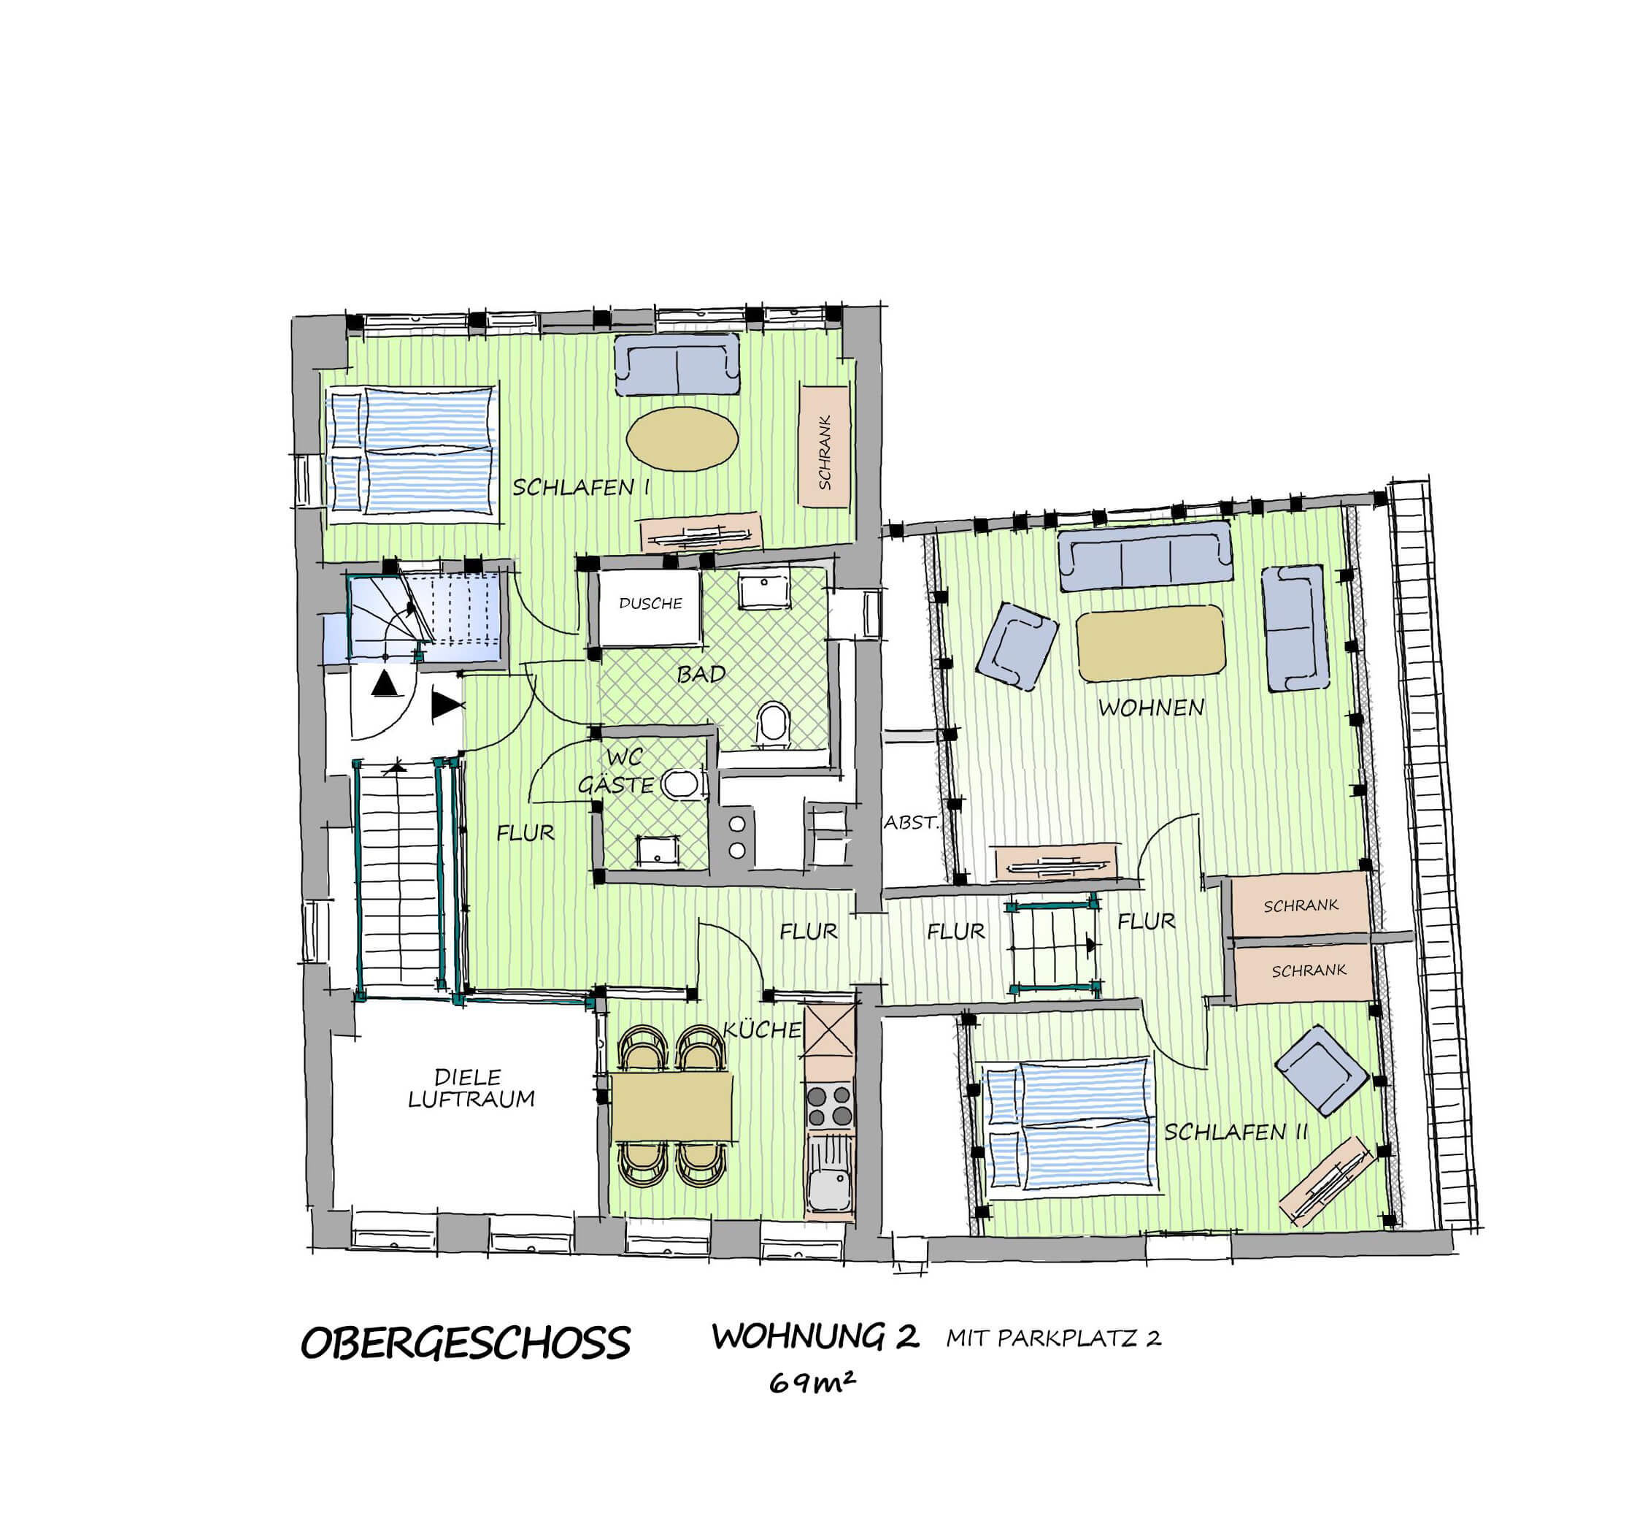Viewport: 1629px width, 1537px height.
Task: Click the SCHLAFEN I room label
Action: [x=581, y=487]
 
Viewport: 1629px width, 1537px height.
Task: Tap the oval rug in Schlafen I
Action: [x=682, y=440]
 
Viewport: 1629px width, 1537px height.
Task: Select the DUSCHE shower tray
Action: [x=649, y=607]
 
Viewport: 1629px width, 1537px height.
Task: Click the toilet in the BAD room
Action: [x=773, y=724]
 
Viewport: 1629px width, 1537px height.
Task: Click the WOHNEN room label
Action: [x=1150, y=708]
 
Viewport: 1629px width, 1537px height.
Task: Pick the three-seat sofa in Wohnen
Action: [x=1146, y=556]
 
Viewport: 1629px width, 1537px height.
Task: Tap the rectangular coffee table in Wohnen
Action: [x=1150, y=643]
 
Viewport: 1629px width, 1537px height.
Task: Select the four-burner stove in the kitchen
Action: [x=829, y=1105]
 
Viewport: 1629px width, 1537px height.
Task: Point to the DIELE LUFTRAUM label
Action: [x=471, y=1088]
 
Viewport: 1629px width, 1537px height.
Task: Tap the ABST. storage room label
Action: [x=910, y=822]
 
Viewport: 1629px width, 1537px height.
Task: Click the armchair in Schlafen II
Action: [x=1321, y=1070]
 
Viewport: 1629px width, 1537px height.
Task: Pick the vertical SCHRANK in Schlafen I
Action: [x=824, y=446]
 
